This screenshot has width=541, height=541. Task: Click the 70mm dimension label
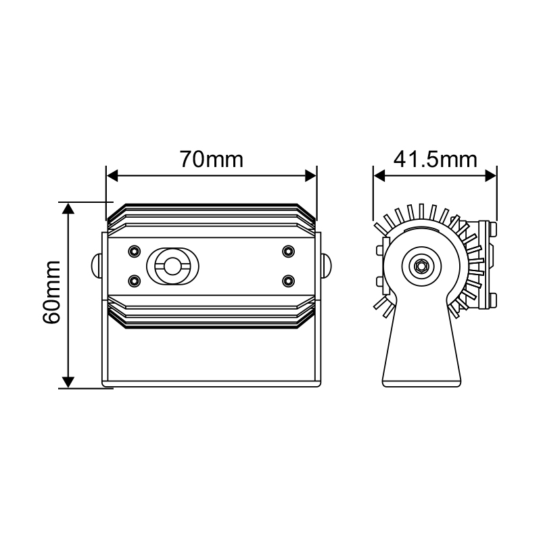(211, 160)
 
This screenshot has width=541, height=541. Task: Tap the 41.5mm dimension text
(436, 160)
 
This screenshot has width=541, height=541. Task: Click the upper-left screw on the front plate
(135, 251)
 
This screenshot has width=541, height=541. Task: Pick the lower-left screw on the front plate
(135, 279)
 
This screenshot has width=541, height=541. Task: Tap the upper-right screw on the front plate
(289, 251)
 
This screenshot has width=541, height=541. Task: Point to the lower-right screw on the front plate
(289, 279)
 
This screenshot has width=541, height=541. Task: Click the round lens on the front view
(174, 265)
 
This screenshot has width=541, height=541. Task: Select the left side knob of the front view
(97, 265)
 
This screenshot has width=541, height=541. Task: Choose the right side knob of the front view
(326, 265)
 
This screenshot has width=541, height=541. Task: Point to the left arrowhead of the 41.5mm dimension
(379, 176)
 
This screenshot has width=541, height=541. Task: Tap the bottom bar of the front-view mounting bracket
(212, 383)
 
